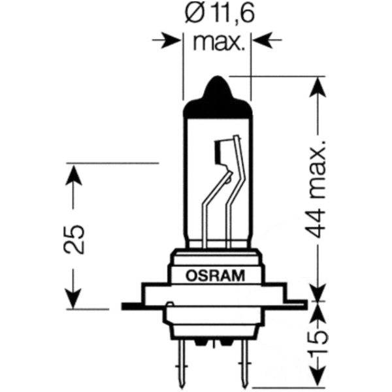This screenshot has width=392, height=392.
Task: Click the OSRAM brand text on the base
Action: (215, 276)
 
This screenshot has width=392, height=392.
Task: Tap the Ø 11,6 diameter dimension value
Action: (220, 14)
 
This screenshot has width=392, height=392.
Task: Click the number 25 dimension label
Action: (74, 240)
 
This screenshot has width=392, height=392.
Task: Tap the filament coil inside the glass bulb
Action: (220, 152)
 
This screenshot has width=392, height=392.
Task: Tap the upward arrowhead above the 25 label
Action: (74, 174)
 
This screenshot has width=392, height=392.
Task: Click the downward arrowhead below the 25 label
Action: (74, 299)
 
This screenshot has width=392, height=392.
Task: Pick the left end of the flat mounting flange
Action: (123, 306)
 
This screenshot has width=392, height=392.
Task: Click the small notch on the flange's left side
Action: (170, 304)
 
